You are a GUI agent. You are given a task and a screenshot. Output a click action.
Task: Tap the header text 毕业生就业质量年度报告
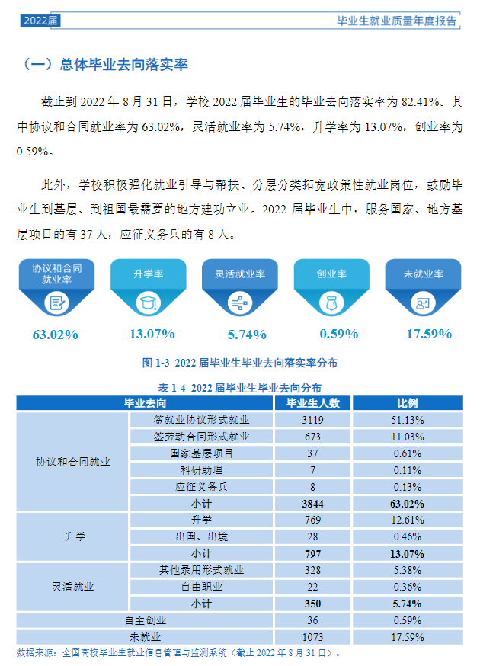(x=397, y=21)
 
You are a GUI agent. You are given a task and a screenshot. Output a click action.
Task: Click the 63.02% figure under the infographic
(x=56, y=334)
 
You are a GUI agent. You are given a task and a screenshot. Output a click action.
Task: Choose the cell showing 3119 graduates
(x=312, y=419)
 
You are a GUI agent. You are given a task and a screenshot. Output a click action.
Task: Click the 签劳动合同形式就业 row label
(x=201, y=436)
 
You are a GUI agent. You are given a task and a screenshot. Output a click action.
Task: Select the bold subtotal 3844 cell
(x=312, y=503)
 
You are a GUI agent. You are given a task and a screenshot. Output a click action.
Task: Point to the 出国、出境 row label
(x=201, y=536)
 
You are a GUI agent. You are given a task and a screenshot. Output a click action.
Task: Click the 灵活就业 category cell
(x=72, y=587)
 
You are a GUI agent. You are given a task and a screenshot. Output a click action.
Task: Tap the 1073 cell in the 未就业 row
(x=312, y=637)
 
